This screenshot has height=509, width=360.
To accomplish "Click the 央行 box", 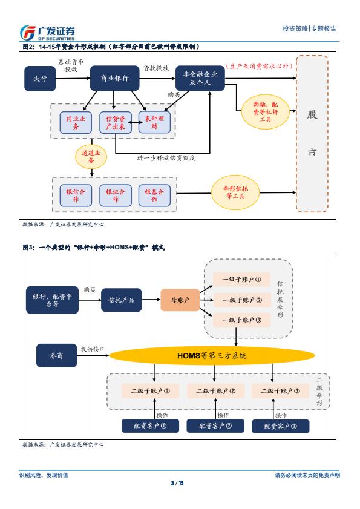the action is (40, 78).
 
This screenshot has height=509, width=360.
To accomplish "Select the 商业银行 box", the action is (114, 78).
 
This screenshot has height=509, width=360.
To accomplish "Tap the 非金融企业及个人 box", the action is (200, 78).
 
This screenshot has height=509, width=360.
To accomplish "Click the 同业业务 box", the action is (76, 122).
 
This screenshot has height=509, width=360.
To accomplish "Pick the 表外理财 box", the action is (154, 122).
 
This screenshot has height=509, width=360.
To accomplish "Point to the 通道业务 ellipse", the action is (91, 157).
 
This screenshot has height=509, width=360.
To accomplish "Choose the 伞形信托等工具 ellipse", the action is (236, 192).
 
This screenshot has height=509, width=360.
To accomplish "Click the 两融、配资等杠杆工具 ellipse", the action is (265, 112).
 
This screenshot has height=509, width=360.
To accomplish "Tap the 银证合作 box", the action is (115, 195).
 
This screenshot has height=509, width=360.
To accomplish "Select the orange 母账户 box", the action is (180, 300).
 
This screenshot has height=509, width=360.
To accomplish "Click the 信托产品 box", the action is (122, 300).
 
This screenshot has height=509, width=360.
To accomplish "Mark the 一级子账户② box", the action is (242, 300).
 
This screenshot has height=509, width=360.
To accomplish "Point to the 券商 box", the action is (56, 355).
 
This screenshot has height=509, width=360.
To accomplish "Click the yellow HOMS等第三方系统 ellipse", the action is (212, 355).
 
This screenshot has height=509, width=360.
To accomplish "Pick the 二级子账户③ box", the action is (280, 391).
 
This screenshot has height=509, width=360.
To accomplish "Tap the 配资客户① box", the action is (150, 426).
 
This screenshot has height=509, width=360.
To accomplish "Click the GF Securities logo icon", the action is (28, 32).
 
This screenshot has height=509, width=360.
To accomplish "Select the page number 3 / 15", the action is (177, 483).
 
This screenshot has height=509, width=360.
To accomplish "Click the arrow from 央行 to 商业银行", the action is (73, 78).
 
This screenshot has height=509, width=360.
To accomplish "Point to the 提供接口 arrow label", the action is (93, 349).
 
